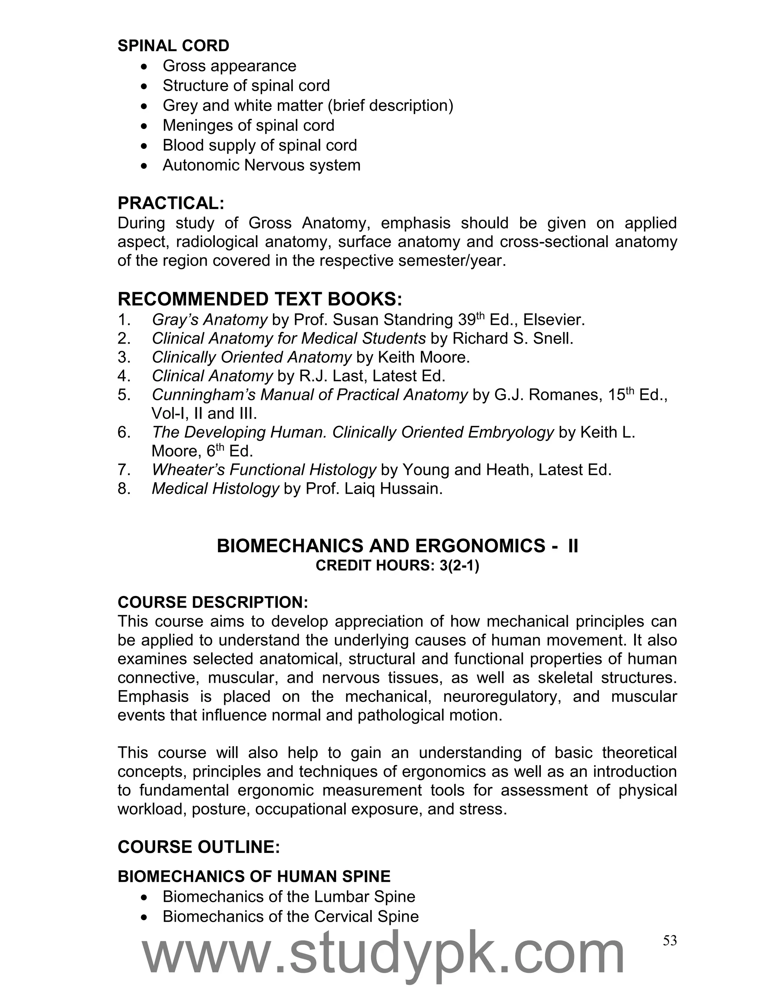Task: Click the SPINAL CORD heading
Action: (x=173, y=46)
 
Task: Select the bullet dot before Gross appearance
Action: (x=144, y=67)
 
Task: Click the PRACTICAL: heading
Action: (x=171, y=203)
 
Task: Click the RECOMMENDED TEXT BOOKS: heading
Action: (x=260, y=299)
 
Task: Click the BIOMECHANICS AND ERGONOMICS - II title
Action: (x=397, y=546)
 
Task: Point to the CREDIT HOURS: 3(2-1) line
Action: (x=397, y=566)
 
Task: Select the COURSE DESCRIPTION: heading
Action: (x=213, y=602)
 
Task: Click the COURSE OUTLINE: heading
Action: (x=198, y=847)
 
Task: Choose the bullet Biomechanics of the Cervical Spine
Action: (x=290, y=916)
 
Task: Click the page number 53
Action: (x=670, y=941)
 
